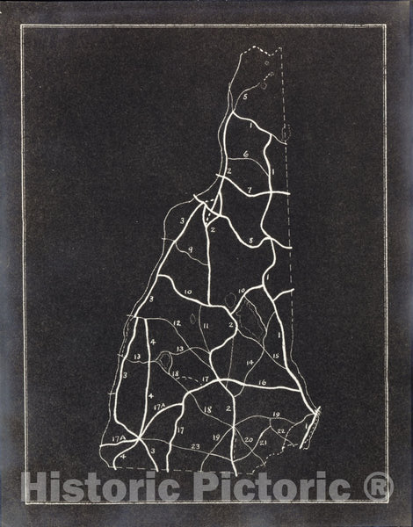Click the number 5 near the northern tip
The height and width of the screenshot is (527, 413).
pyautogui.click(x=245, y=92)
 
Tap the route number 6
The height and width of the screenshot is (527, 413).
pyautogui.click(x=246, y=155)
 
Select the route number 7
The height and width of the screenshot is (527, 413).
pyautogui.click(x=250, y=189)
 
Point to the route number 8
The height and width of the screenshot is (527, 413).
pyautogui.click(x=250, y=239)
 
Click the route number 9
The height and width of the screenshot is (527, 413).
pyautogui.click(x=190, y=249)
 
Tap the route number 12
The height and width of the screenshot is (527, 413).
pyautogui.click(x=178, y=323)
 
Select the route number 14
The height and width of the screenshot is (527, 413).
pyautogui.click(x=250, y=362)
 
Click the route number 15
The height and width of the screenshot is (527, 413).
pyautogui.click(x=275, y=356)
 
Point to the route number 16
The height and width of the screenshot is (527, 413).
pyautogui.click(x=262, y=383)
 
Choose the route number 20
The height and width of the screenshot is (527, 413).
pyautogui.click(x=249, y=439)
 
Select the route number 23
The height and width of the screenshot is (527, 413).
pyautogui.click(x=195, y=446)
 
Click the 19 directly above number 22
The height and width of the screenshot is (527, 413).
pyautogui.click(x=275, y=414)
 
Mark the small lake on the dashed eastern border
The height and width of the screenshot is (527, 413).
pyautogui.click(x=286, y=134)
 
